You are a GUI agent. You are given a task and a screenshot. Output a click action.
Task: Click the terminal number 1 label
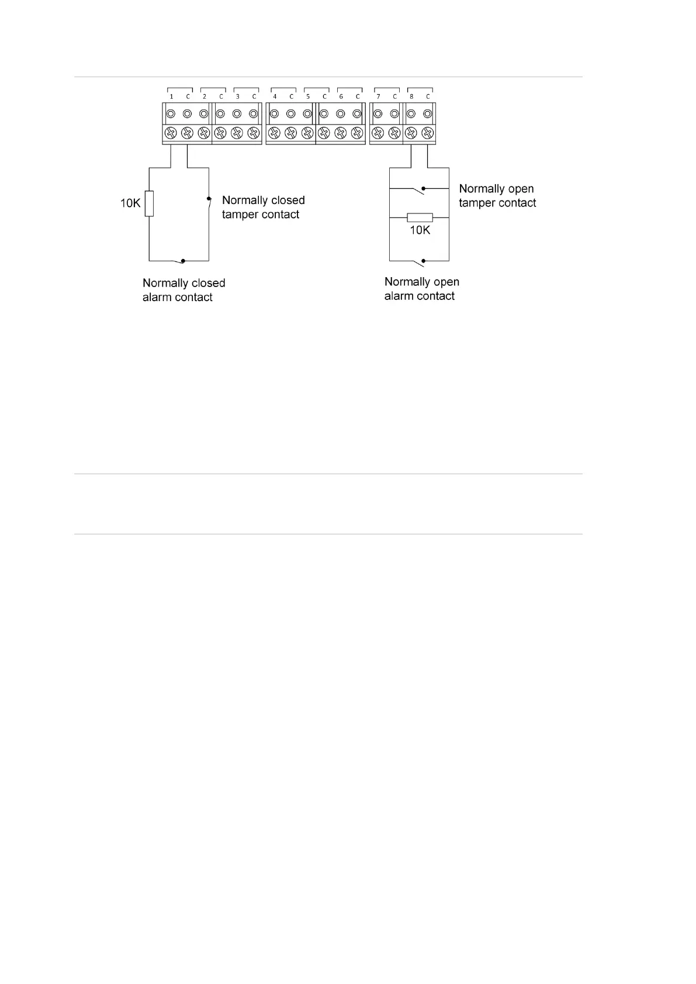[171, 96]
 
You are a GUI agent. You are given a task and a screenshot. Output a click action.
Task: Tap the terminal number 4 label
[275, 96]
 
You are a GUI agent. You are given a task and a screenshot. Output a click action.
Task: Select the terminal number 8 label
[411, 96]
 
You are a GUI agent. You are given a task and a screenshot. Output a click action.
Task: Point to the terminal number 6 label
[341, 96]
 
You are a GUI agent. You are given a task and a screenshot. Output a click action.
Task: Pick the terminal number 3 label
[237, 96]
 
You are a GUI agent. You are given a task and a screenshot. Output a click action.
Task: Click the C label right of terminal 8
[428, 96]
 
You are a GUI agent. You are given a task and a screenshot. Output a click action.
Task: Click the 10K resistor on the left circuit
[149, 203]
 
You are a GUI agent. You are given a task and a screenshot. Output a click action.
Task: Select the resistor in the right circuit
[420, 217]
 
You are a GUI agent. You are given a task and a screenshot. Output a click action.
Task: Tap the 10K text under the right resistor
[420, 230]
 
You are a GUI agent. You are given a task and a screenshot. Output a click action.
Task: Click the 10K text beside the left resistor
[130, 203]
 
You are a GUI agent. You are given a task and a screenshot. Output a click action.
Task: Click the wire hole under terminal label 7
[378, 114]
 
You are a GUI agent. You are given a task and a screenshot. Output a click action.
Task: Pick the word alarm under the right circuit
[399, 296]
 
